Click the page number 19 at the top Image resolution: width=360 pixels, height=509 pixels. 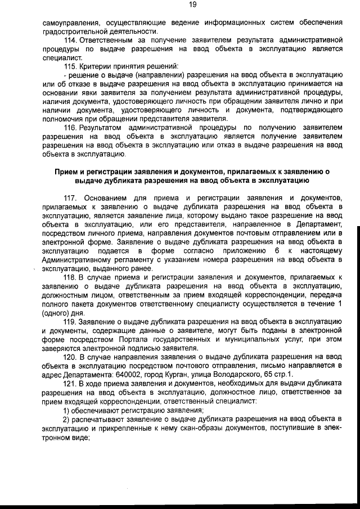(192, 4)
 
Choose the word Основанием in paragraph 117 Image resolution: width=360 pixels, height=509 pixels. (107, 199)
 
